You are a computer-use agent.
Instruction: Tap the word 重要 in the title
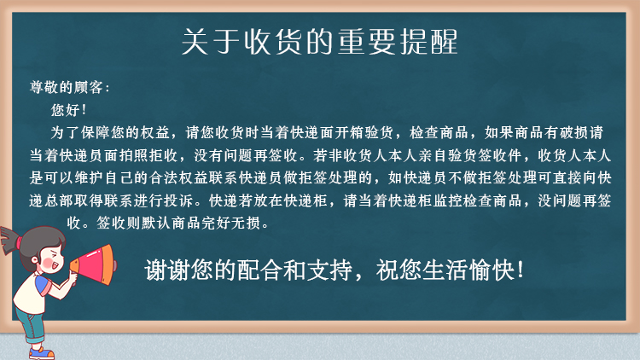[x=366, y=42]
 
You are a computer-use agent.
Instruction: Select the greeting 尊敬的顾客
[x=66, y=87]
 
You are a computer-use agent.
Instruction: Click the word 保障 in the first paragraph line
[x=96, y=132]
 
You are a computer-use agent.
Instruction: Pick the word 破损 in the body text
[x=573, y=132]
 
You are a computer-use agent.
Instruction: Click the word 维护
[x=88, y=177]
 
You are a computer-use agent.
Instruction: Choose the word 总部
[x=58, y=200]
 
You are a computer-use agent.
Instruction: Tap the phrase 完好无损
[x=231, y=223]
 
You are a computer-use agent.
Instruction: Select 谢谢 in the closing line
[x=167, y=270]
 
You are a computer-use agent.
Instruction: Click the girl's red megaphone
[x=93, y=264]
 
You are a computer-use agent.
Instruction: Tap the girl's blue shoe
[x=41, y=352]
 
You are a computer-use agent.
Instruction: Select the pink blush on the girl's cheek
[x=48, y=263]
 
